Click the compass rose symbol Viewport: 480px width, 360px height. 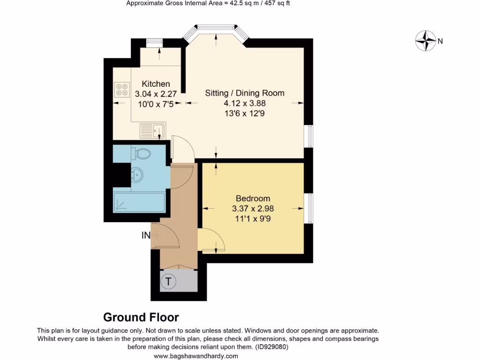click(x=426, y=41)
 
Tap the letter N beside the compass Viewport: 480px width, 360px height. click(x=440, y=41)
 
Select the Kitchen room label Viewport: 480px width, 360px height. click(x=156, y=84)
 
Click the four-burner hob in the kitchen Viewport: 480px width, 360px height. click(x=122, y=90)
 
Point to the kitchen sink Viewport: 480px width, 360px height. click(x=152, y=130)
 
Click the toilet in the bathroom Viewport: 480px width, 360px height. click(x=142, y=153)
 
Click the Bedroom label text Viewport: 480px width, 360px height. click(x=253, y=199)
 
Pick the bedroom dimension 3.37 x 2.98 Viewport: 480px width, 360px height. click(x=253, y=209)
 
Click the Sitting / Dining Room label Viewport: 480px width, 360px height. click(x=245, y=93)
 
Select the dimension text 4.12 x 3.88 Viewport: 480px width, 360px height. click(x=245, y=103)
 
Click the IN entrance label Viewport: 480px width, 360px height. click(x=146, y=235)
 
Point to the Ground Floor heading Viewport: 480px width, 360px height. click(x=141, y=318)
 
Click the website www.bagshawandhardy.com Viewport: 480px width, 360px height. click(x=196, y=356)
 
